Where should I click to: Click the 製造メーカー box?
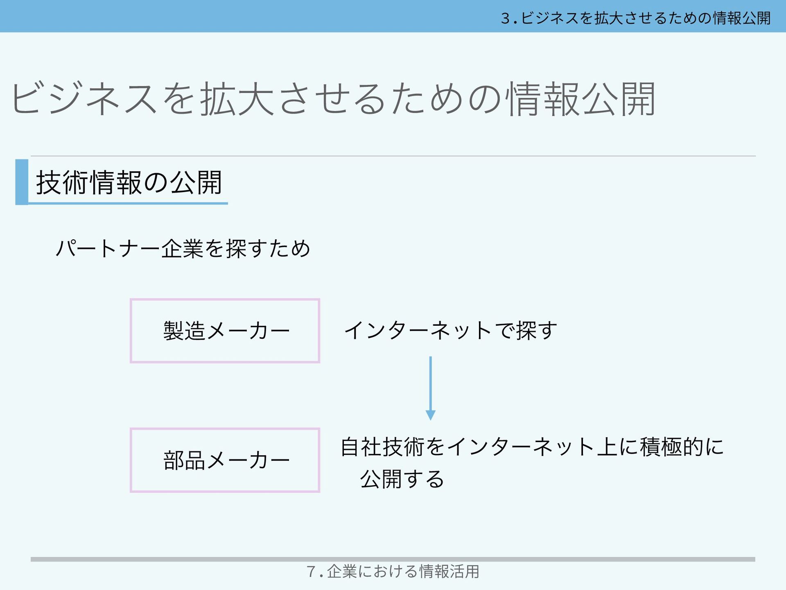pyautogui.click(x=225, y=331)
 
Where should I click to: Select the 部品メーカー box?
pyautogui.click(x=225, y=460)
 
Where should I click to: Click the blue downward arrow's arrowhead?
pyautogui.click(x=430, y=415)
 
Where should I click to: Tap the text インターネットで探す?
pyautogui.click(x=450, y=331)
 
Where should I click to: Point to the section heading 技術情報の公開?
pyautogui.click(x=129, y=182)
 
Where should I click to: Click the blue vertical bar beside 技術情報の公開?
pyautogui.click(x=22, y=182)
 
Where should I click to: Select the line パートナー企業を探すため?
pyautogui.click(x=183, y=249)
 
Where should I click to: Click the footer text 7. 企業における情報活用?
pyautogui.click(x=393, y=572)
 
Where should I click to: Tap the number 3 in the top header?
pyautogui.click(x=505, y=18)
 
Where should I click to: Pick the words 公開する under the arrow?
pyautogui.click(x=402, y=479)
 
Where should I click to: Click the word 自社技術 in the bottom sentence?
pyautogui.click(x=382, y=447)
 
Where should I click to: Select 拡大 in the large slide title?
pyautogui.click(x=237, y=99)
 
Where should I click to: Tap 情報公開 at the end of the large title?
pyautogui.click(x=581, y=99)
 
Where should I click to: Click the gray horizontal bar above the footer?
pyautogui.click(x=393, y=559)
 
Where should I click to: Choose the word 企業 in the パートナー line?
pyautogui.click(x=182, y=249)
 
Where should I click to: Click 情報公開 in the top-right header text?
pyautogui.click(x=742, y=18)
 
